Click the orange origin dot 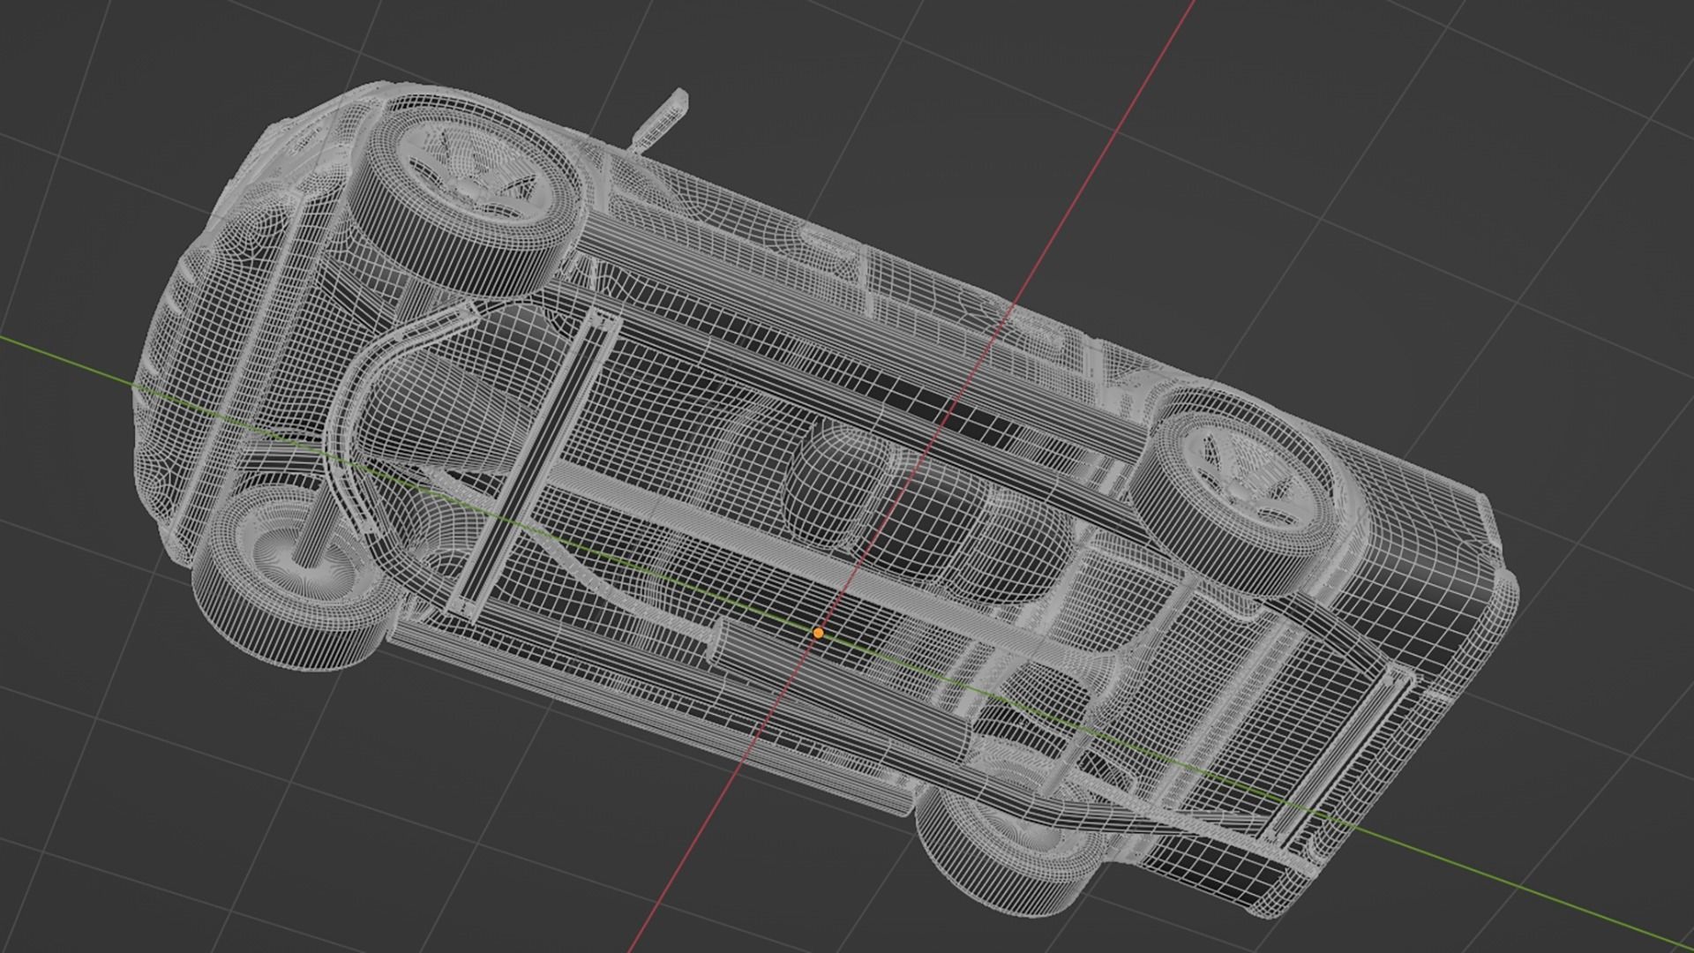(818, 633)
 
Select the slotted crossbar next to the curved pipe (538, 459)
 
